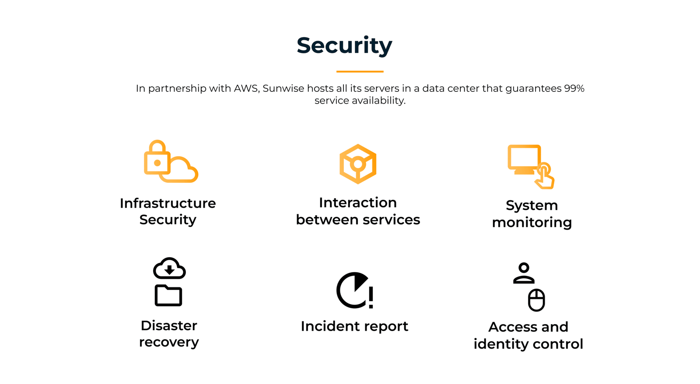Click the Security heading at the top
click(344, 45)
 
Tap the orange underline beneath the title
click(360, 71)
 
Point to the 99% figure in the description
click(574, 88)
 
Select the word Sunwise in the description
click(283, 88)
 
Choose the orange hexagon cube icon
click(358, 164)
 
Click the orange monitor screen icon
click(524, 158)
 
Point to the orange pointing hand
click(545, 177)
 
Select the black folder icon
click(168, 296)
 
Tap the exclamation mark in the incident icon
click(371, 297)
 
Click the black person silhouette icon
click(524, 273)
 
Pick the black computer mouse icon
click(536, 300)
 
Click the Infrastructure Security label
click(168, 211)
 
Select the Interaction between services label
click(358, 211)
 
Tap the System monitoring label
click(532, 214)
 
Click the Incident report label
click(354, 326)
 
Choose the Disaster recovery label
click(169, 334)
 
